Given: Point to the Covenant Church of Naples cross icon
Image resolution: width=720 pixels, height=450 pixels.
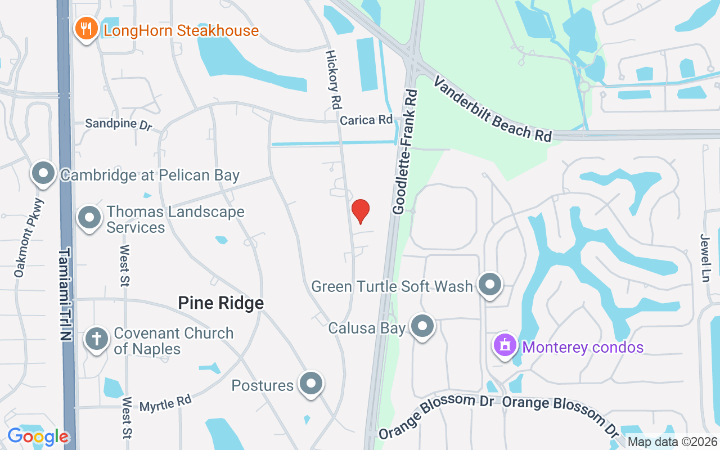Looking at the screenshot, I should [97, 340].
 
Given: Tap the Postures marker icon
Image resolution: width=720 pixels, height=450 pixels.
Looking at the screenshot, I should [310, 384].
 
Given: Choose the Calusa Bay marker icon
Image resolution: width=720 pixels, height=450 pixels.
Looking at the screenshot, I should [423, 327].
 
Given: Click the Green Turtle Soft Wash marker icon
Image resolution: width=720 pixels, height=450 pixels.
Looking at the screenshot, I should [489, 285].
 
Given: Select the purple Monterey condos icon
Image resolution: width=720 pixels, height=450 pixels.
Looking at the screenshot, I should [505, 345].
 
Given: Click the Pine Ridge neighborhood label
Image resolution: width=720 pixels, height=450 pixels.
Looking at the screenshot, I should [221, 303].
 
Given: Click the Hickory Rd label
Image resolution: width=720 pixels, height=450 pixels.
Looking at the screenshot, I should [334, 79].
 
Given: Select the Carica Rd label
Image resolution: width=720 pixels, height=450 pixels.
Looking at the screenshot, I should [366, 120].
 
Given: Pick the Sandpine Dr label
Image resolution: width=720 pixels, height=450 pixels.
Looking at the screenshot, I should [118, 123].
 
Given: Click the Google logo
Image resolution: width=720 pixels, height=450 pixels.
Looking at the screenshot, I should [38, 436].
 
